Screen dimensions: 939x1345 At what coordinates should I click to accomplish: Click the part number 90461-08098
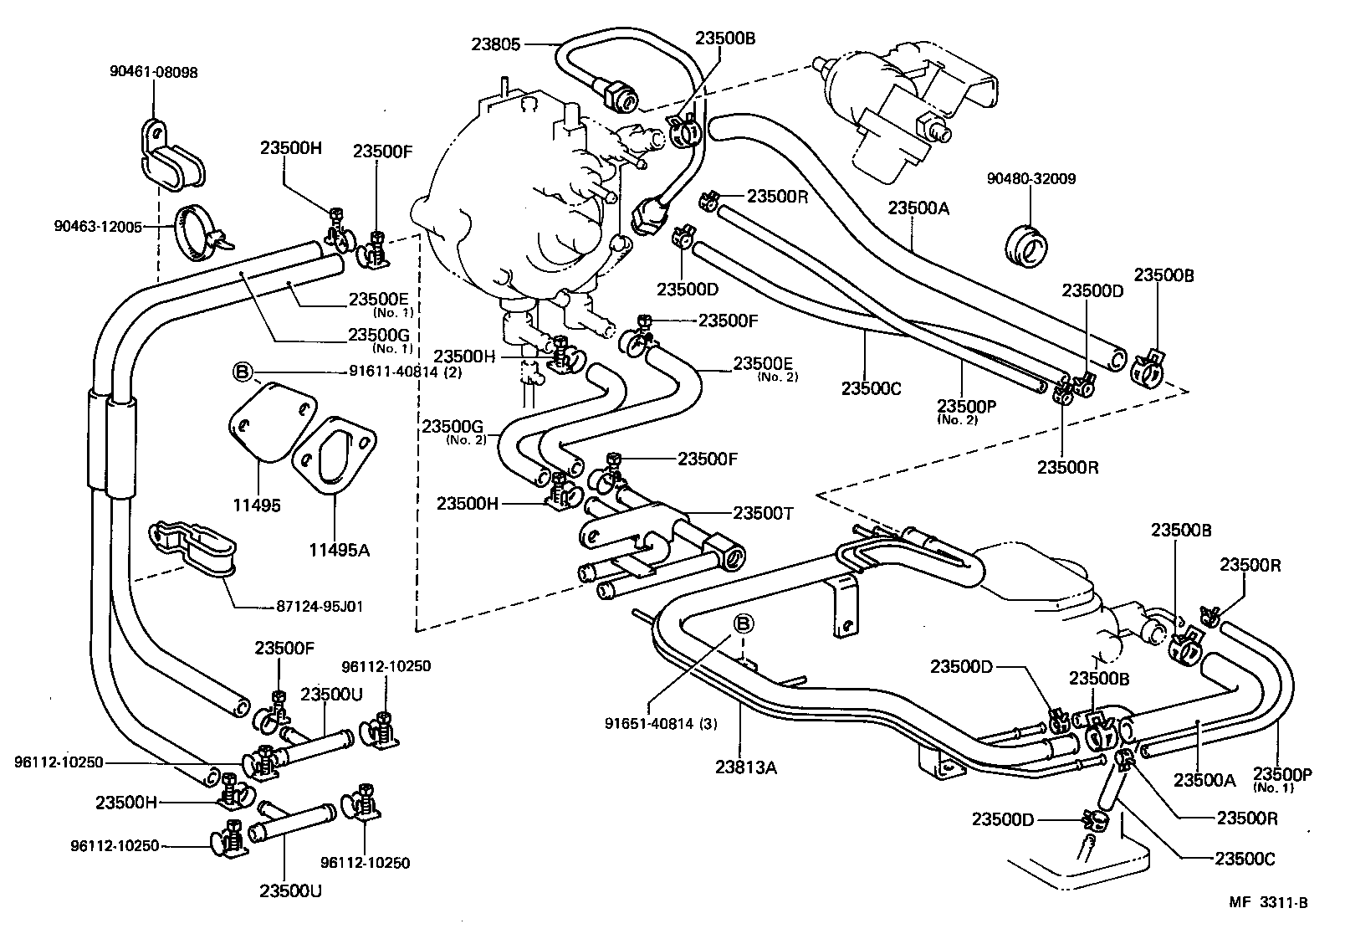coord(153,73)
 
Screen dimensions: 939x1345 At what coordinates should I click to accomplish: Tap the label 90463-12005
coord(98,226)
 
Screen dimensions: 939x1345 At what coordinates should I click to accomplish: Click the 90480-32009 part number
coord(1030,178)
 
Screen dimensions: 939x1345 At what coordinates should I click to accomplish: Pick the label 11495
coord(258,506)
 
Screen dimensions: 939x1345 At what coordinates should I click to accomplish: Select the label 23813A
coord(746,767)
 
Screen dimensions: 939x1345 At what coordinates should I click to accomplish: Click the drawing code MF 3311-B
coord(1268,902)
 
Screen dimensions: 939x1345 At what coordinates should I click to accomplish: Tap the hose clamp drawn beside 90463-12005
coord(201,230)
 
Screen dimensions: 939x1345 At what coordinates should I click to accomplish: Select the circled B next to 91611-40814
coord(242,372)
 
